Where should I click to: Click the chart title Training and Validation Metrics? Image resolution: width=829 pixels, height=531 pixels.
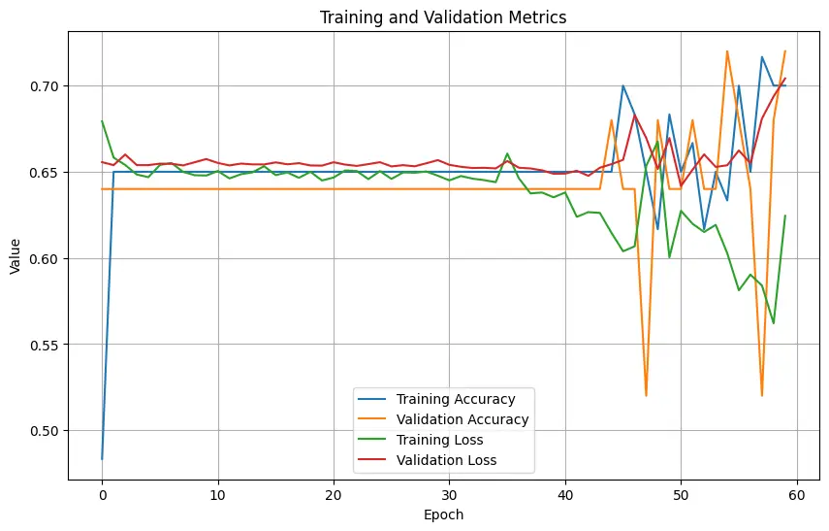click(x=443, y=17)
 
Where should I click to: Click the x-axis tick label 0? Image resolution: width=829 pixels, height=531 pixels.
click(x=102, y=496)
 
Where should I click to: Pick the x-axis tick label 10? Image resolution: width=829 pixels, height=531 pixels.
click(x=218, y=496)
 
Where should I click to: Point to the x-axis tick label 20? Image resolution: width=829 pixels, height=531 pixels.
click(x=334, y=496)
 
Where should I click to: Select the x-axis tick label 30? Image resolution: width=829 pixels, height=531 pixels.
click(x=450, y=496)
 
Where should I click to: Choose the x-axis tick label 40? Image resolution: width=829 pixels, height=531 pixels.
click(x=565, y=496)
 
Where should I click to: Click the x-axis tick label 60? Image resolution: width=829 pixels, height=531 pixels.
click(x=797, y=496)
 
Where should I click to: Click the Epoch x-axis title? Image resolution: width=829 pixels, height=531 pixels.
click(x=443, y=515)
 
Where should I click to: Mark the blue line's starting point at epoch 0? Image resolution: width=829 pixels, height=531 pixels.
click(x=102, y=459)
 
